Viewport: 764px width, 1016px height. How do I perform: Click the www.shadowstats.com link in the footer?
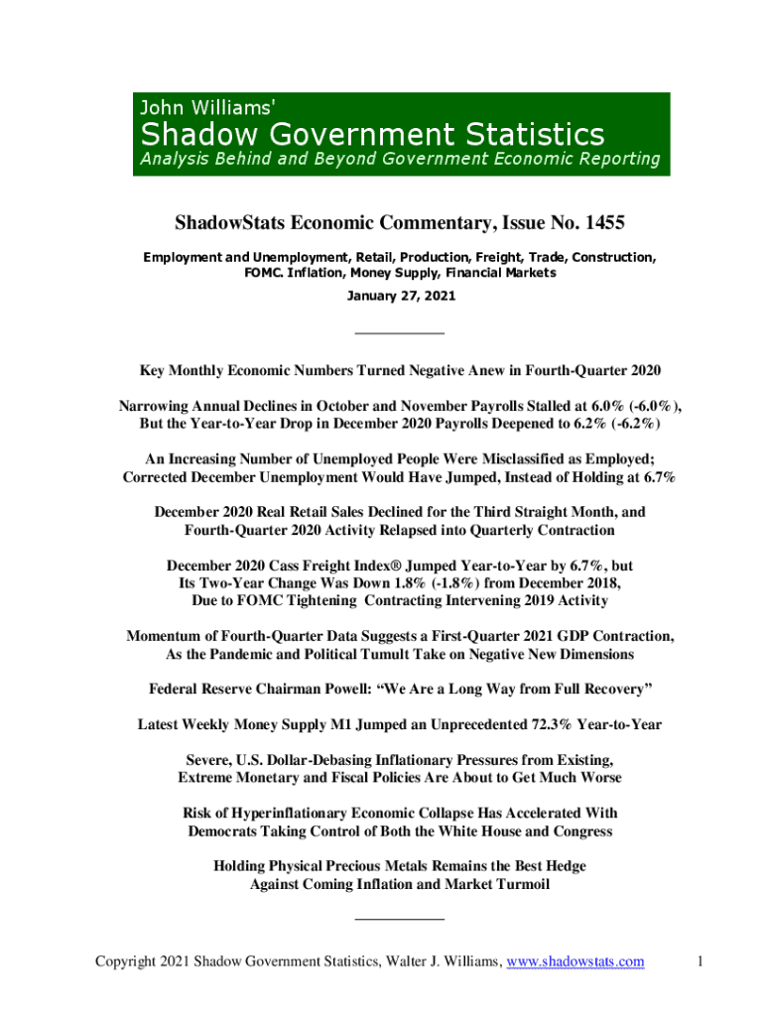click(x=575, y=960)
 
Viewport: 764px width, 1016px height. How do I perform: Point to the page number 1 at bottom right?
click(x=700, y=960)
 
